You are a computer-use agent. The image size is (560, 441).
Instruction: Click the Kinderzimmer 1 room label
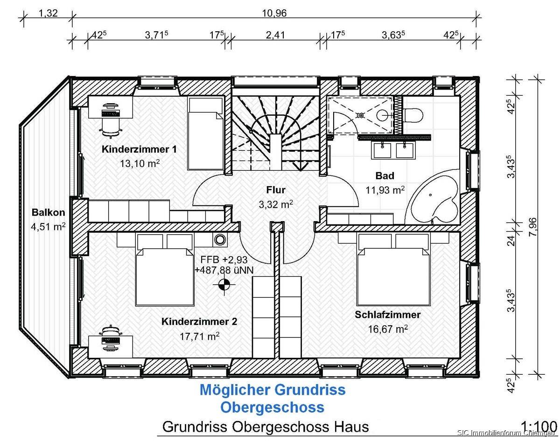coord(139,149)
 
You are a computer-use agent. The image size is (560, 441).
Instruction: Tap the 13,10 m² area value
coord(140,163)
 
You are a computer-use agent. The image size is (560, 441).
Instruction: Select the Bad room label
coord(385,176)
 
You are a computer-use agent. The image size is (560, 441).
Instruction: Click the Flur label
coord(276,190)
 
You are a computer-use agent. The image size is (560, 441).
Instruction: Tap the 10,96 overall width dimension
coord(274,13)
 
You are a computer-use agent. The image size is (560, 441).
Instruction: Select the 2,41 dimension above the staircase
coord(275,35)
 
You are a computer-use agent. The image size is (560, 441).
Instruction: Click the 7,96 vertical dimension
coord(532,226)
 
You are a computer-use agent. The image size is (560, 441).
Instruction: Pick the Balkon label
coord(49,212)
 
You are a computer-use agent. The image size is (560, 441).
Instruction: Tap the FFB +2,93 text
coord(224,259)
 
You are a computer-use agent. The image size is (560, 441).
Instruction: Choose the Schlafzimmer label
coord(388,315)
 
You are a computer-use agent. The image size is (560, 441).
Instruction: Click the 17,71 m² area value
coord(200,336)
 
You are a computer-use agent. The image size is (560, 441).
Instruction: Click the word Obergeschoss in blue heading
coord(273,407)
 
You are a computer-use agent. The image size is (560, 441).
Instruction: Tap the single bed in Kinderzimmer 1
coord(206,134)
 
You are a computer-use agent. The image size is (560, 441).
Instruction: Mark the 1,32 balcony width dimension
coord(48,13)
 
